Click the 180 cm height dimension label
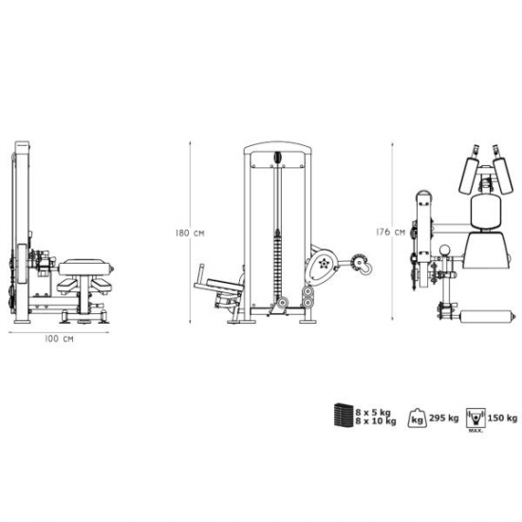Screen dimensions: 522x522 190,233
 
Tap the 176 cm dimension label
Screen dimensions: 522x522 390,232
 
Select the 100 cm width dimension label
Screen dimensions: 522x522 59,339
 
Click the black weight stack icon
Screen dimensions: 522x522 344,415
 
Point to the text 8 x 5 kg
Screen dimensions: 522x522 373,413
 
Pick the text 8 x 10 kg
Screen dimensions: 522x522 376,421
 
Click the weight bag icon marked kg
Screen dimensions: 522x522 418,418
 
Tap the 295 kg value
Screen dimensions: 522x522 444,418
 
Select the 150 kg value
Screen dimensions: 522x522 503,418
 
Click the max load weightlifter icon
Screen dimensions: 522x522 476,418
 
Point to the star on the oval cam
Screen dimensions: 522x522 323,263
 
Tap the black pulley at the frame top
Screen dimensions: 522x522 277,158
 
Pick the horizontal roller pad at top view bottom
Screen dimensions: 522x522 487,315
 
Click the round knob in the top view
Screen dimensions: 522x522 444,250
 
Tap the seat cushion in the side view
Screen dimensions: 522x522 84,267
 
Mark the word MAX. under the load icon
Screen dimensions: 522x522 476,431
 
